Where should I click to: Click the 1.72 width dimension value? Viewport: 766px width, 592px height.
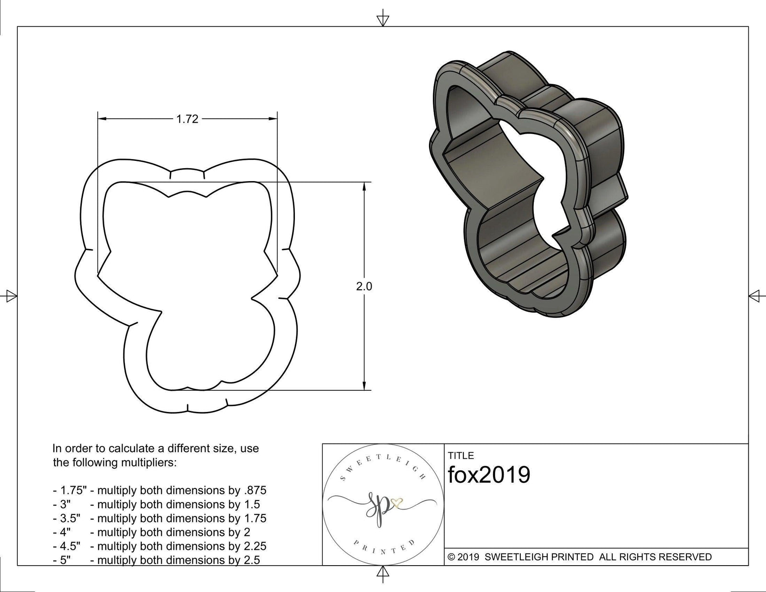[187, 119]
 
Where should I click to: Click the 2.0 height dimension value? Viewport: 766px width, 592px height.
[364, 286]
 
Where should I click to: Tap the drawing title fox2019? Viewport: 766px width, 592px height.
[489, 475]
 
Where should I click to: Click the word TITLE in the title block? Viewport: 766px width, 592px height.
[461, 455]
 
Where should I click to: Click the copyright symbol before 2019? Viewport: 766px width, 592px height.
[451, 557]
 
